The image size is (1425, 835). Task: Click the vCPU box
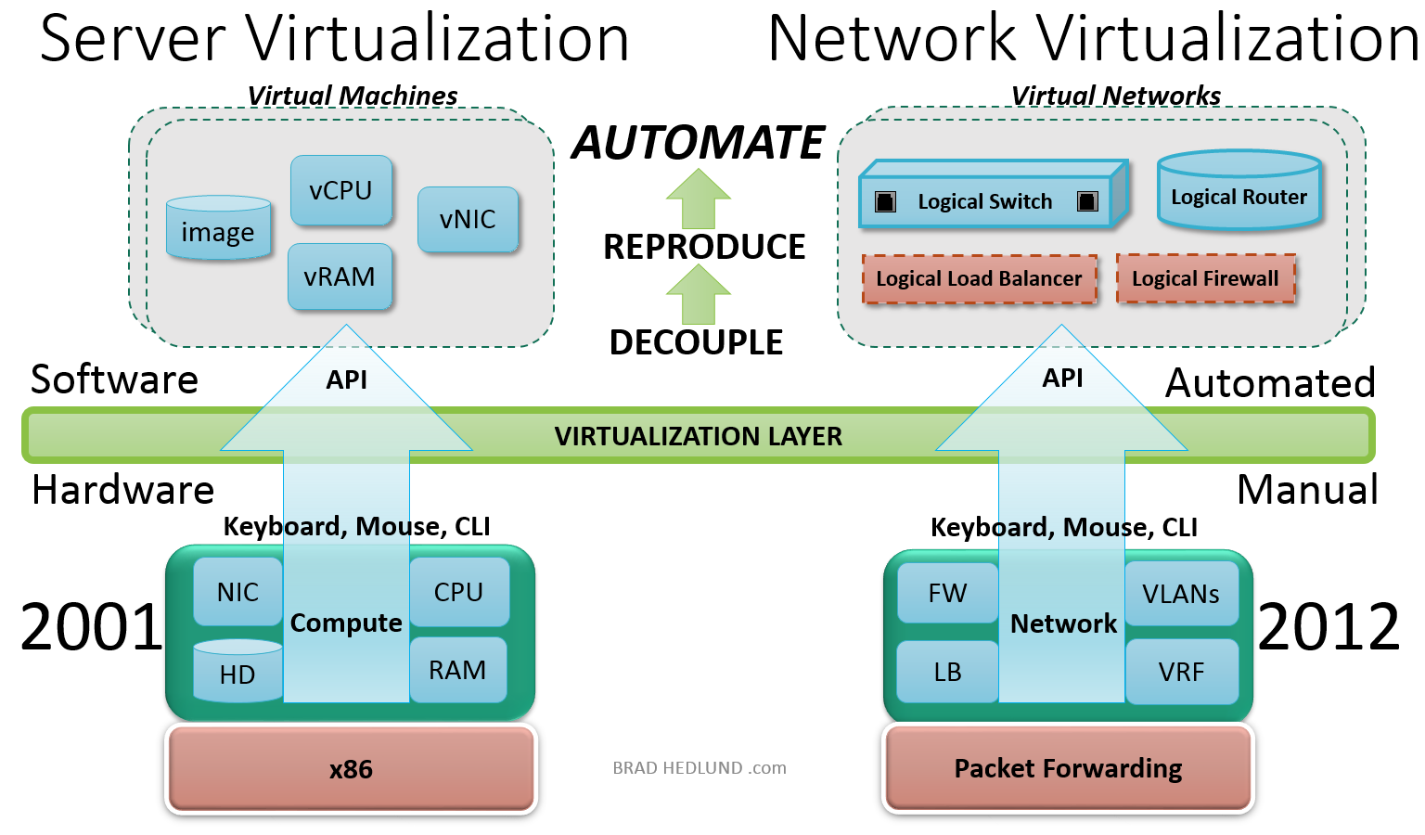341,190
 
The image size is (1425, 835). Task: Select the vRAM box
340,276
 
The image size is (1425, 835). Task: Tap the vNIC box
468,220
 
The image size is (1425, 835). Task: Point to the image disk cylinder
218,229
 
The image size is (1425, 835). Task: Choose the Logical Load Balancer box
979,279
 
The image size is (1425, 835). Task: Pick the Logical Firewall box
1205,278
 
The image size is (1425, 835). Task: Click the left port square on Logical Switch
885,201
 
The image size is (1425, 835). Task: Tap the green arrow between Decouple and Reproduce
698,293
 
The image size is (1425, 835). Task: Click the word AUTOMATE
698,143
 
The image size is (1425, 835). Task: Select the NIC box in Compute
237,592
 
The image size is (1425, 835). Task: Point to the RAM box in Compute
457,670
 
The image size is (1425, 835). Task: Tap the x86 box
351,769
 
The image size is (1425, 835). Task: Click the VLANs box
1181,594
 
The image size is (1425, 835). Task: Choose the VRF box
1181,672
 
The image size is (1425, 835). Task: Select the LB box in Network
947,672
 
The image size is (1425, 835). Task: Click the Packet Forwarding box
1068,768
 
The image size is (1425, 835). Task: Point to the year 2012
1329,627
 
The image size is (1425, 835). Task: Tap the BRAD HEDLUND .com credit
700,768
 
